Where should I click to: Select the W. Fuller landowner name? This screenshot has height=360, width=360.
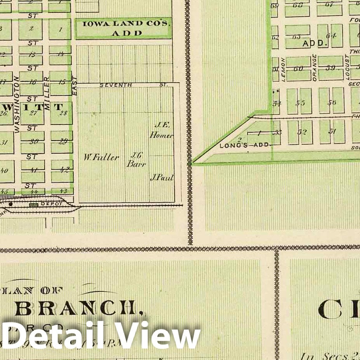pyautogui.click(x=101, y=157)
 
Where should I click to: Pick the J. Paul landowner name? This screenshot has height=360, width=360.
pyautogui.click(x=161, y=178)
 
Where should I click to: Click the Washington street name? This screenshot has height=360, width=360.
pyautogui.click(x=17, y=105)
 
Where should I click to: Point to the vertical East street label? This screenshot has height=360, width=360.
pyautogui.click(x=75, y=85)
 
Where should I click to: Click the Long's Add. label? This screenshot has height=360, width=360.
pyautogui.click(x=244, y=145)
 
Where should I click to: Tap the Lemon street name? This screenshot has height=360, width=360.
pyautogui.click(x=283, y=70)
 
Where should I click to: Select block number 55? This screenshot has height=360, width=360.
pyautogui.click(x=300, y=103)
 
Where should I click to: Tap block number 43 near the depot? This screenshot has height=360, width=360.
pyautogui.click(x=64, y=191)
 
